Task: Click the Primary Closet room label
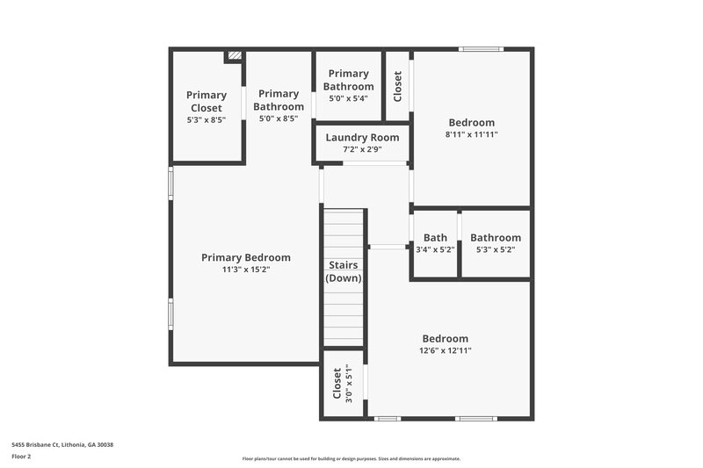[207, 101]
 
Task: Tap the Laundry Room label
[362, 137]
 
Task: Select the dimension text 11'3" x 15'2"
[245, 270]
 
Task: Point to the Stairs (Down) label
[344, 270]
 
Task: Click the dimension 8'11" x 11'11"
[471, 135]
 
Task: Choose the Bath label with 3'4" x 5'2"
[435, 237]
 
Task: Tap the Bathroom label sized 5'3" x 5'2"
[496, 237]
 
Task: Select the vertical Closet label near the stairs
[337, 384]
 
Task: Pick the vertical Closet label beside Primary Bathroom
[397, 86]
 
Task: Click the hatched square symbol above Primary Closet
[234, 55]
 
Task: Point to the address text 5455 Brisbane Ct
[62, 444]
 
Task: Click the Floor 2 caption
[22, 457]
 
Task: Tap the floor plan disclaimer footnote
[351, 458]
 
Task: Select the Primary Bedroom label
[245, 257]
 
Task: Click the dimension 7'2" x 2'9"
[362, 149]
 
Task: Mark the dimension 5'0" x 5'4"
[348, 98]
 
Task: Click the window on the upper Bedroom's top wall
[482, 49]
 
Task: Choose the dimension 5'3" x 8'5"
[207, 119]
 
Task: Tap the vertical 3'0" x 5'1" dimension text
[348, 384]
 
